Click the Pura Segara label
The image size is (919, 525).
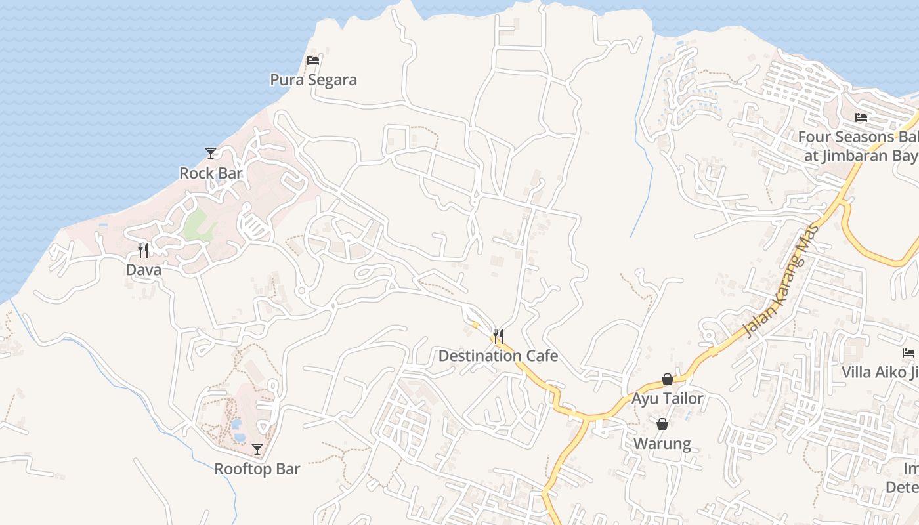tap(314, 80)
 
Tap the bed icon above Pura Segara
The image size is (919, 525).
tap(313, 60)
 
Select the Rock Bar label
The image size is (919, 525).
tap(211, 173)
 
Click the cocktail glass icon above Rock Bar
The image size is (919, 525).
tap(211, 154)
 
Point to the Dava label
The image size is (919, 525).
tap(143, 270)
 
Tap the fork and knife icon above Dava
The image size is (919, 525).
tap(143, 250)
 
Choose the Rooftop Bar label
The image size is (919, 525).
tap(257, 469)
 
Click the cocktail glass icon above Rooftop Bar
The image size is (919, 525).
tap(257, 450)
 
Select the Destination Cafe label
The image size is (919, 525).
tap(498, 356)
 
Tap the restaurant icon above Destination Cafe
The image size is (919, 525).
tap(498, 337)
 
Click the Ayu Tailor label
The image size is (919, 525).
tap(667, 398)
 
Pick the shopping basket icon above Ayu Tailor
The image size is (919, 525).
tap(668, 379)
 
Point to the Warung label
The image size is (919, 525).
tap(662, 444)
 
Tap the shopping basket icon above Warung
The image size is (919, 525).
tap(662, 424)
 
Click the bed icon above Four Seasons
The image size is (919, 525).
tap(861, 117)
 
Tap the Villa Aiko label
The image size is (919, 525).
tap(880, 372)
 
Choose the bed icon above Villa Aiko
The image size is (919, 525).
tap(908, 352)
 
